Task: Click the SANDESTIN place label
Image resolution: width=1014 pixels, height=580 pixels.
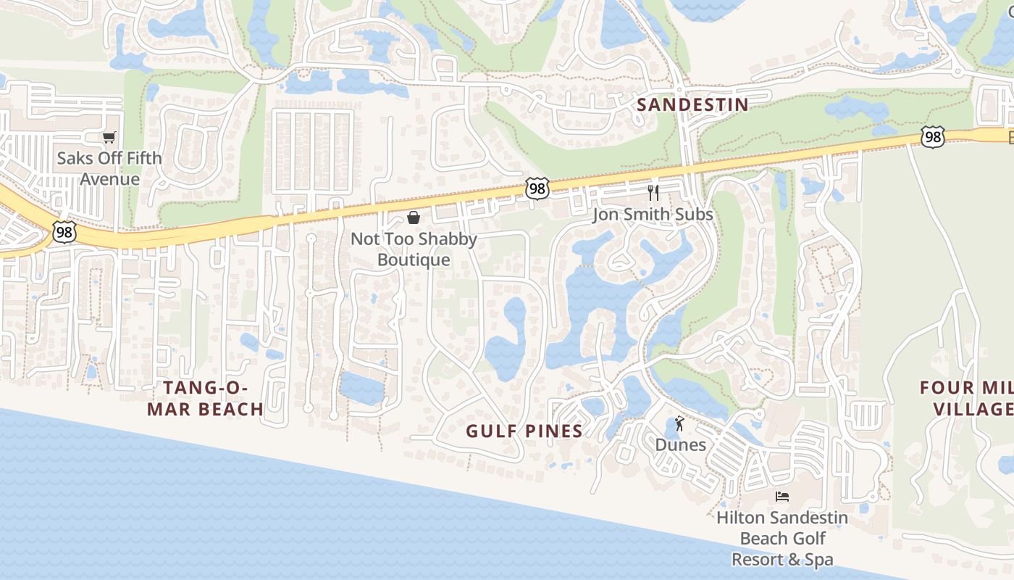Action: (692, 104)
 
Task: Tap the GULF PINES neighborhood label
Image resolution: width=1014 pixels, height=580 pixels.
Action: (524, 431)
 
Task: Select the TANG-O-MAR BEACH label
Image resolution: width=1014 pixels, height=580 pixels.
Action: (206, 398)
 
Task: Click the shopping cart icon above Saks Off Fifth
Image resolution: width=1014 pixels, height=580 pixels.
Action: (109, 137)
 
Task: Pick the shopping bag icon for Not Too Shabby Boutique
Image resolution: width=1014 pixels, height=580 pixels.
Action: (414, 217)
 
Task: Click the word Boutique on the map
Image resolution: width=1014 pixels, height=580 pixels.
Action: (414, 260)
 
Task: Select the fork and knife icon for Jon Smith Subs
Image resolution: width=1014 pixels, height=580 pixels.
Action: (653, 192)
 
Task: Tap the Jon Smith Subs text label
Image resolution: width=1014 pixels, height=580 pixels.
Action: (653, 215)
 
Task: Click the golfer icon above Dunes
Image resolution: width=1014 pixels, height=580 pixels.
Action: (679, 423)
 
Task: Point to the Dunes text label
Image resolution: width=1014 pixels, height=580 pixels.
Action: (680, 444)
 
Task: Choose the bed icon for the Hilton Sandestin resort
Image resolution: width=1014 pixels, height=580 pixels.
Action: (782, 497)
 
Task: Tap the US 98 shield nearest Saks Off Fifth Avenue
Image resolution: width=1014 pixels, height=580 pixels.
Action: (64, 232)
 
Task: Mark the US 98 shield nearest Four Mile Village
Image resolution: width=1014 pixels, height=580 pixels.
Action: (933, 136)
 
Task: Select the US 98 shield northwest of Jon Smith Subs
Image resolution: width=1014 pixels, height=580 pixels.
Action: (537, 188)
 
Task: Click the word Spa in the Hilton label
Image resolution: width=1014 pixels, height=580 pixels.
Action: (817, 560)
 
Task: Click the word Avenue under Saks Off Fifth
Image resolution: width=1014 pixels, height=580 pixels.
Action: (109, 178)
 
